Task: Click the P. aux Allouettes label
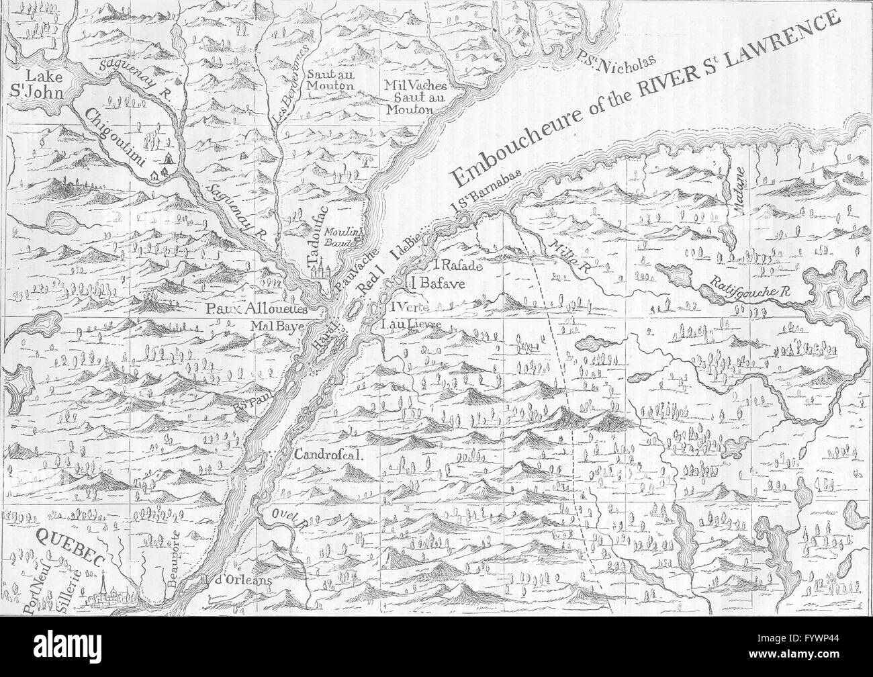point(257,309)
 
